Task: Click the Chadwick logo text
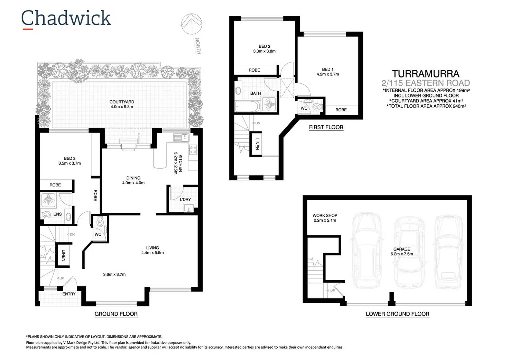click(66, 18)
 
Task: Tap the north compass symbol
click(192, 24)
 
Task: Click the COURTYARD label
click(122, 102)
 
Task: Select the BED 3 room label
click(70, 158)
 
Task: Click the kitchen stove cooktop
click(193, 150)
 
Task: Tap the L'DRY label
click(185, 199)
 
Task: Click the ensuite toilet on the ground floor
click(46, 214)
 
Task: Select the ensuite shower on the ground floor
click(48, 200)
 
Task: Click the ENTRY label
click(69, 294)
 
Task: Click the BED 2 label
click(264, 46)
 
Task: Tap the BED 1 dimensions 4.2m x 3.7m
click(327, 74)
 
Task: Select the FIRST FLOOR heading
click(326, 127)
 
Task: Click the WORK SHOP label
click(325, 215)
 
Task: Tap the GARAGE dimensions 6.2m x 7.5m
click(401, 254)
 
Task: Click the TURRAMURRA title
click(425, 74)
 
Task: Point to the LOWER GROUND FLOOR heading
click(397, 314)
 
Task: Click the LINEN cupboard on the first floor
click(256, 144)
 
